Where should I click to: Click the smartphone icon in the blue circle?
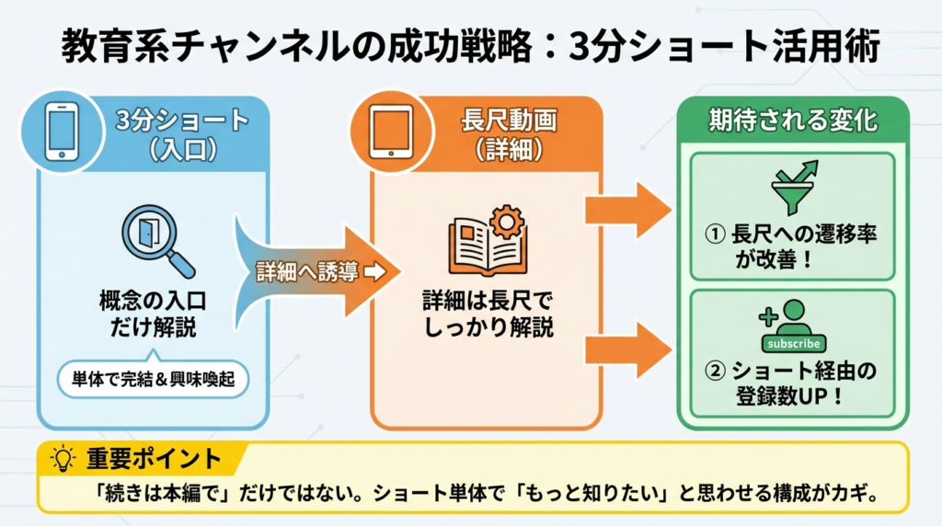click(61, 131)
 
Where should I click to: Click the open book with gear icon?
click(486, 241)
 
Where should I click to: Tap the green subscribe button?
click(792, 343)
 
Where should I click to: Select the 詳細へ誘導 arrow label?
click(308, 271)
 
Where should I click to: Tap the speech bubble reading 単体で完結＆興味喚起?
click(153, 379)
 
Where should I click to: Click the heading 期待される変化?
click(792, 120)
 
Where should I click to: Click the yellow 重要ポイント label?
click(154, 458)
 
